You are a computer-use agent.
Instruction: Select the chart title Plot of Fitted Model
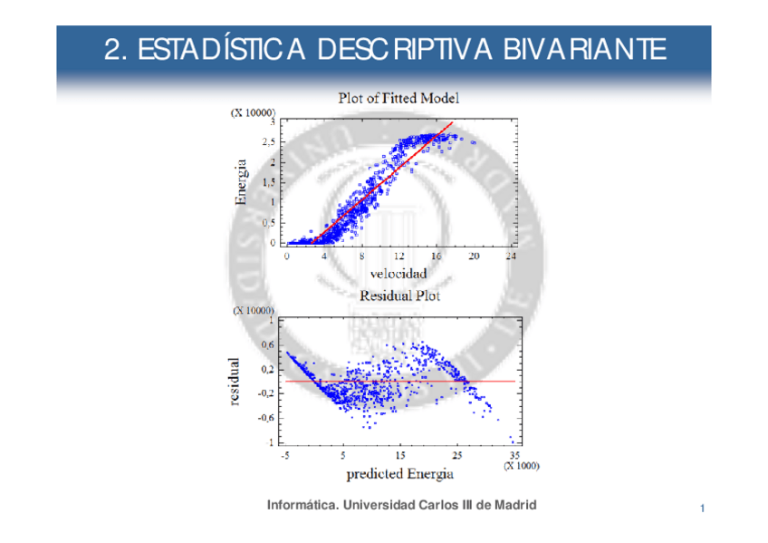398,97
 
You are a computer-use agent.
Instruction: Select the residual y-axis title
235,381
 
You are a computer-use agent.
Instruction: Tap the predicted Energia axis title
399,474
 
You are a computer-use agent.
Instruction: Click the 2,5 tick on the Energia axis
269,142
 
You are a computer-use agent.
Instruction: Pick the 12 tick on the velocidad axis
399,257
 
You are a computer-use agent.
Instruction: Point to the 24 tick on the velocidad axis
512,257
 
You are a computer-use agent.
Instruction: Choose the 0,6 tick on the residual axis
268,344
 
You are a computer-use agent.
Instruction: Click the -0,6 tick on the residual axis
266,418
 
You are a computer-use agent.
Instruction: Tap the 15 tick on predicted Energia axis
400,454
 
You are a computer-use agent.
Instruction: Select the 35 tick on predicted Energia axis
515,454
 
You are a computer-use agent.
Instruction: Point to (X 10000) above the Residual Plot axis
254,310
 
